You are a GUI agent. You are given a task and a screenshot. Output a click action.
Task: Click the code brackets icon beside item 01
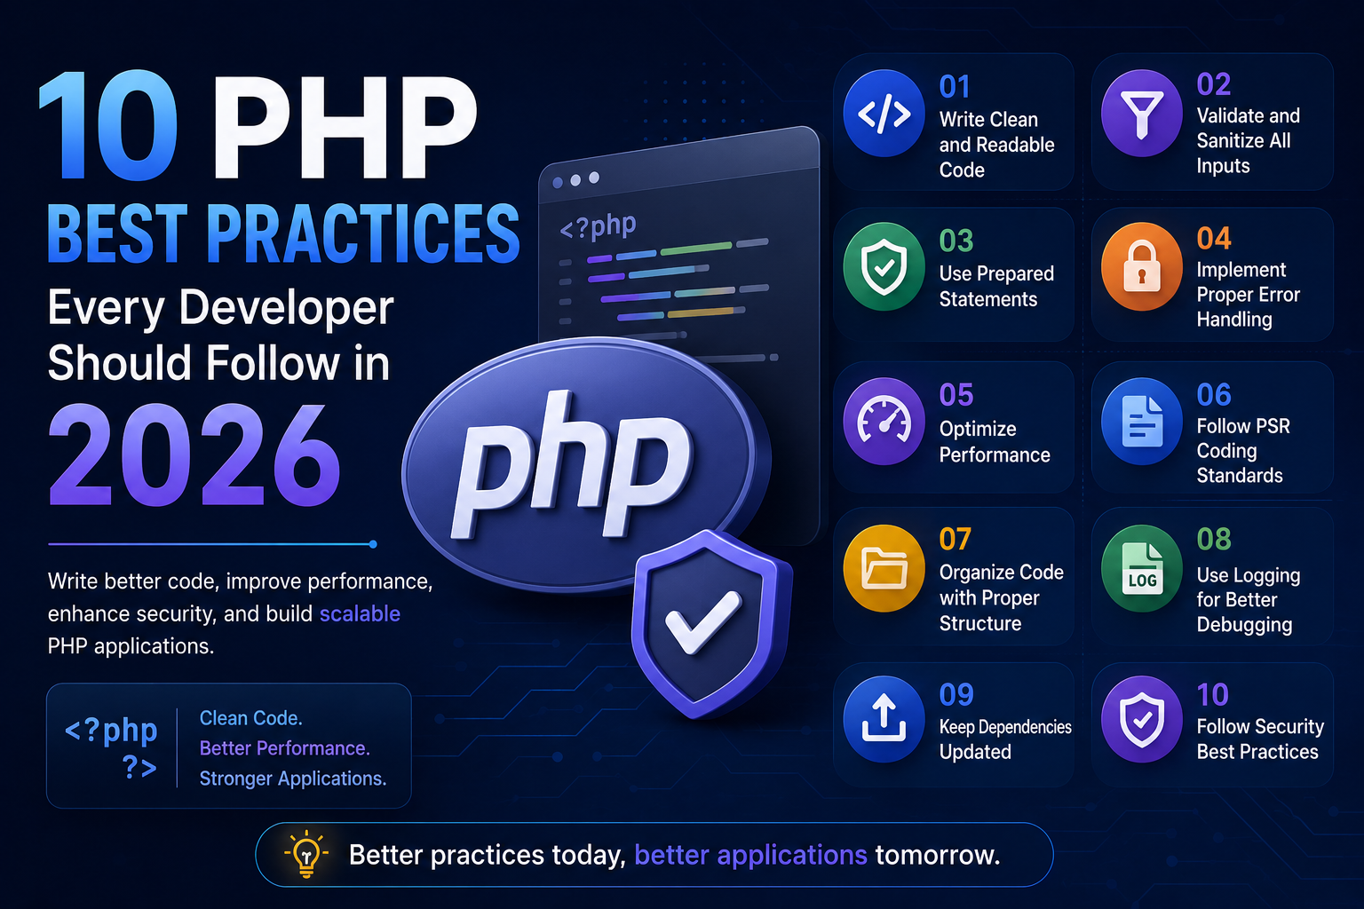tap(884, 114)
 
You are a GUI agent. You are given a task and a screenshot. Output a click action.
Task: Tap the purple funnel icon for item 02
tap(1142, 114)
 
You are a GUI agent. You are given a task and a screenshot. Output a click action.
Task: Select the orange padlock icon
tap(1142, 266)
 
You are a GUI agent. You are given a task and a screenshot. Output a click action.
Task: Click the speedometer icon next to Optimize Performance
tap(884, 422)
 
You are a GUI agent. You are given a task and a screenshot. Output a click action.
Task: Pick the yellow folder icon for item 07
tap(884, 568)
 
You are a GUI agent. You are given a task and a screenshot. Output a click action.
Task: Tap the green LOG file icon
tap(1142, 568)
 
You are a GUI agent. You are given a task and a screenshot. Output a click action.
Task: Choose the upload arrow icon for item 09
tap(884, 719)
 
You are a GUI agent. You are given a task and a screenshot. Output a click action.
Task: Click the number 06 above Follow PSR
tap(1214, 394)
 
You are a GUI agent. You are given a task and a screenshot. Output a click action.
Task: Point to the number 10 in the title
tap(108, 125)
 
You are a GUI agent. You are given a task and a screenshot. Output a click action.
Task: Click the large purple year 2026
tap(194, 455)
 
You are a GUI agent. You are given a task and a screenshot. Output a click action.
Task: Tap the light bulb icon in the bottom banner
tap(306, 854)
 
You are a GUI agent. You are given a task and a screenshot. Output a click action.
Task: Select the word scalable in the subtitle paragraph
tap(360, 613)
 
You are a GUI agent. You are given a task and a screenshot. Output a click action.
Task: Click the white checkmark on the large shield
tap(704, 621)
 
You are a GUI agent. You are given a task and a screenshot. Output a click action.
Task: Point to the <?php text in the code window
tap(598, 225)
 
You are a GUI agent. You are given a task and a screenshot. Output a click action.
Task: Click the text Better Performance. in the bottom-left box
tap(285, 748)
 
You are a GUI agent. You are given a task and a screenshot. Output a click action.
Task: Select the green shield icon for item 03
tap(884, 266)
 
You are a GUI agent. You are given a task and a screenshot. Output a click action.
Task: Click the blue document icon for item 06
tap(1142, 422)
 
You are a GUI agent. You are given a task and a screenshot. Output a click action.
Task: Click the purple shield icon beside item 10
tap(1142, 719)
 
